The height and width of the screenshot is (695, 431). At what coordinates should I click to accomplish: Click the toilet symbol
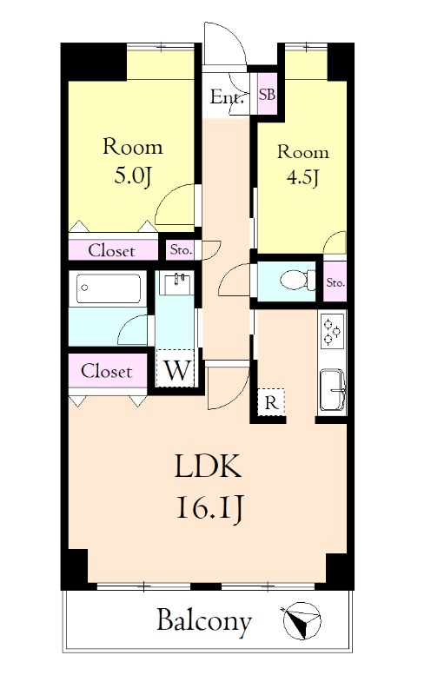click(297, 280)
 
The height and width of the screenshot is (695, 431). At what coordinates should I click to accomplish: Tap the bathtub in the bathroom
click(109, 288)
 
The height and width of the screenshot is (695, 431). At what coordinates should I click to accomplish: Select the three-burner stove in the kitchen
click(333, 331)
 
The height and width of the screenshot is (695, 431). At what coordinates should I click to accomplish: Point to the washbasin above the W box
click(177, 284)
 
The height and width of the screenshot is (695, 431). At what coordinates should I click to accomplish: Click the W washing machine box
click(176, 368)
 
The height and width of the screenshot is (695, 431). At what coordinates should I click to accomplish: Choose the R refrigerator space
click(271, 402)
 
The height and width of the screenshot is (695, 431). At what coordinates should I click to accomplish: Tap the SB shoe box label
click(267, 95)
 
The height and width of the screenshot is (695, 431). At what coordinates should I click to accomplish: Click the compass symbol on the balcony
click(302, 620)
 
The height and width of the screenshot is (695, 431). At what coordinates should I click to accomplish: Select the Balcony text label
click(204, 622)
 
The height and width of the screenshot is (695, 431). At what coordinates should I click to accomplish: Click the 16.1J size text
click(209, 508)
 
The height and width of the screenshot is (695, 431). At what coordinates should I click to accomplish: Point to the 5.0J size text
click(133, 176)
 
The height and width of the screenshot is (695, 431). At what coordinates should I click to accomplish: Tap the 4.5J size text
click(303, 178)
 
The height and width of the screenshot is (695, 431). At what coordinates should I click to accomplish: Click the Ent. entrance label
click(227, 97)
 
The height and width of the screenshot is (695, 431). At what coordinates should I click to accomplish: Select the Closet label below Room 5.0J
click(112, 251)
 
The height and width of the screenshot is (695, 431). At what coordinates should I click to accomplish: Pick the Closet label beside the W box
click(106, 371)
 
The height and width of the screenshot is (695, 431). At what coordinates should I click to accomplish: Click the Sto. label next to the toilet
click(335, 282)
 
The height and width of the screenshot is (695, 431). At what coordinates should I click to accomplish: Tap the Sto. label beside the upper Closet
click(181, 250)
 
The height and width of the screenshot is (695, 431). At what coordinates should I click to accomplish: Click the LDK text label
click(209, 466)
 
